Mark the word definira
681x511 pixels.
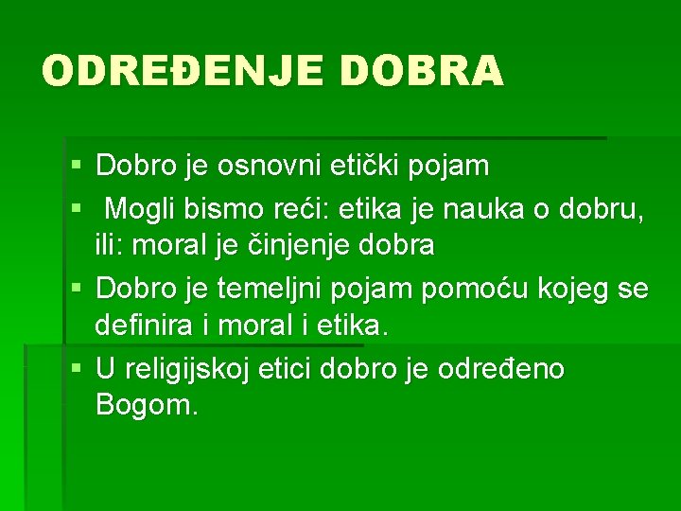(145, 326)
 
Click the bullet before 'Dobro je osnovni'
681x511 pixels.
(77, 167)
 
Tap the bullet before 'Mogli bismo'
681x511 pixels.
(77, 207)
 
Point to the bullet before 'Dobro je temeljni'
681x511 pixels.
(77, 288)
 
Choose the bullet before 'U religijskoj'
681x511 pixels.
(77, 368)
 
